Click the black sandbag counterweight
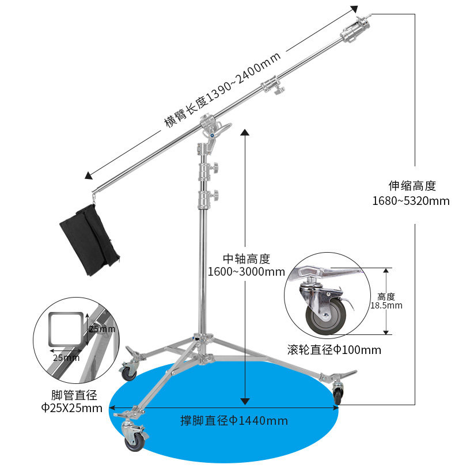coord(88,238)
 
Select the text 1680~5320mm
coord(410,201)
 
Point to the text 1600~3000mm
coord(246,272)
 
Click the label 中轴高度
coord(246,259)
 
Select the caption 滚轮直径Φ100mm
coord(334,350)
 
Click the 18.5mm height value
coord(386,306)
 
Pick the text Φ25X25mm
coord(71,408)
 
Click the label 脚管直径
coord(73,395)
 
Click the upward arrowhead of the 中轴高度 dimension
coord(245,134)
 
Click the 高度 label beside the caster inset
coord(386,296)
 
